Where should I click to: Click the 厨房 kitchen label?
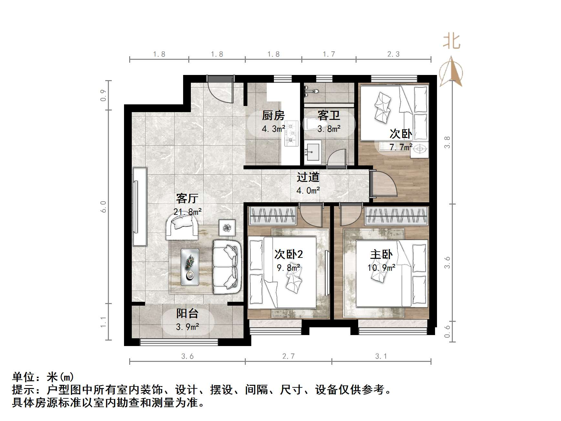tap(273, 115)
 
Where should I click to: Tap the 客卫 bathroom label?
tap(328, 115)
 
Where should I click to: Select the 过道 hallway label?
tap(308, 177)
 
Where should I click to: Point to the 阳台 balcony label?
tap(187, 313)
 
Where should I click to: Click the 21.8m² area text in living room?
tap(187, 212)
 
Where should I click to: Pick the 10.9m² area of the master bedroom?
tap(381, 268)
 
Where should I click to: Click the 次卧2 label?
tap(288, 254)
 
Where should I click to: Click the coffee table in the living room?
tap(190, 267)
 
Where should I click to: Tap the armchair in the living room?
tap(182, 227)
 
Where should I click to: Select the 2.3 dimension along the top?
tap(393, 54)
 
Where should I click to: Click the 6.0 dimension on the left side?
tap(103, 207)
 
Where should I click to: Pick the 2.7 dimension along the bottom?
tap(288, 356)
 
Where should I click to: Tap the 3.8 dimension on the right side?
tap(447, 142)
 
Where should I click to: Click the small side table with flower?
tap(227, 227)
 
